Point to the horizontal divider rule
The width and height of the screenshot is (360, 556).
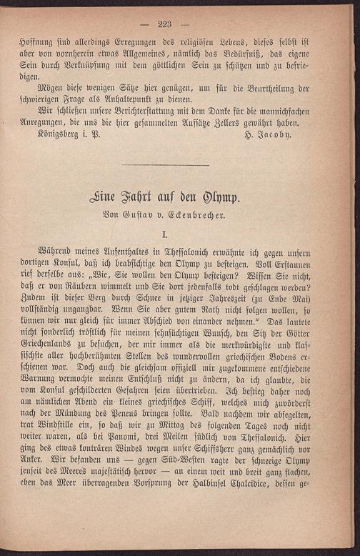coord(166,166)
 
